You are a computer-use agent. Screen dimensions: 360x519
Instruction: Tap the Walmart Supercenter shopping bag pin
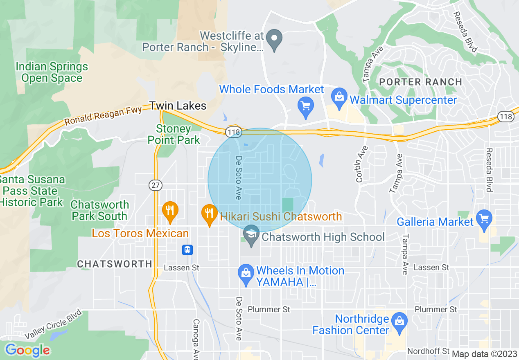pos(339,99)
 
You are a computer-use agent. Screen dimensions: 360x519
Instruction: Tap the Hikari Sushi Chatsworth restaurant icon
pos(209,214)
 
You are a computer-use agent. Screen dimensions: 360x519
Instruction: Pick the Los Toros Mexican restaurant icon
pos(169,211)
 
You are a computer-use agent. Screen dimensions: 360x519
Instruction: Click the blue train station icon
pos(187,250)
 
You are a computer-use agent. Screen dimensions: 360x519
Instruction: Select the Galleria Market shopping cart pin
pos(484,220)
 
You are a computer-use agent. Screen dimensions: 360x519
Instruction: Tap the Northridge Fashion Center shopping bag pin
pos(399,322)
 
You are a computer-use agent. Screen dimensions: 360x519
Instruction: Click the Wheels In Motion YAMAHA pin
pos(246,274)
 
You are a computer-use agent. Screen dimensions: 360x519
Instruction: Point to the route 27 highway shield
pos(155,185)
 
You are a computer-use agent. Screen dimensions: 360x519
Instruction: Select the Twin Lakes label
pos(178,106)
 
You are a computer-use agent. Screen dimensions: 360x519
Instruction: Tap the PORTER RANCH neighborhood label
pos(420,82)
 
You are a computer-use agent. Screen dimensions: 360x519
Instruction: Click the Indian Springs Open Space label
pos(52,72)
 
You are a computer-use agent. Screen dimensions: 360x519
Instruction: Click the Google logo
pos(27,350)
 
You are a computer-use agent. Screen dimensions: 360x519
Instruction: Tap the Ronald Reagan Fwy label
pos(104,115)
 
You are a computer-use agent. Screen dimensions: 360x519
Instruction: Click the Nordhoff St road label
pos(429,351)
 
